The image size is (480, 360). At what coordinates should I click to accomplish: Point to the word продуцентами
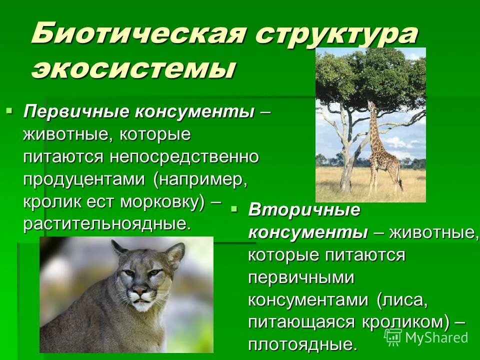tap(85, 179)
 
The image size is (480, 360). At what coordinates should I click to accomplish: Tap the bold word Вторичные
tap(304, 210)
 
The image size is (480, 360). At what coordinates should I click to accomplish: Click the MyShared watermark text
tap(435, 337)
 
